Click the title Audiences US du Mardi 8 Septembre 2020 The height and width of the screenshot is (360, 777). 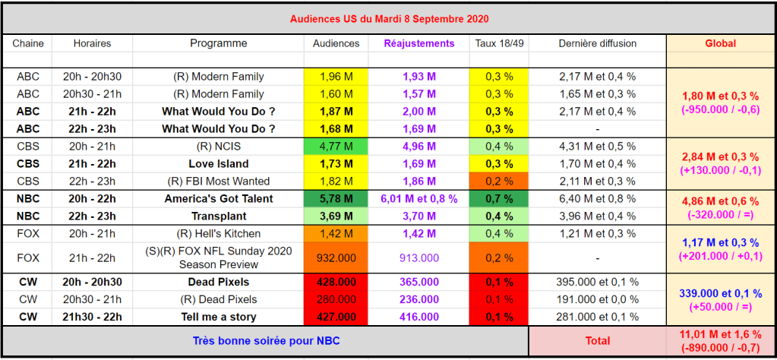tap(388, 17)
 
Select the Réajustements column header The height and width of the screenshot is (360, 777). tap(419, 43)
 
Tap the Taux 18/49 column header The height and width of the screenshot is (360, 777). tap(499, 43)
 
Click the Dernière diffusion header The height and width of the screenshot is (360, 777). tap(597, 43)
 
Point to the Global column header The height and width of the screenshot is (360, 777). tap(721, 43)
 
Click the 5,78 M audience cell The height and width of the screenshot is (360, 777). tap(336, 199)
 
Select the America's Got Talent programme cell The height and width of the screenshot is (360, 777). tap(218, 199)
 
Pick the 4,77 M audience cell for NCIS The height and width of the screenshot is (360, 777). tap(336, 146)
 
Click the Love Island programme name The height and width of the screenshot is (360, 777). tap(218, 163)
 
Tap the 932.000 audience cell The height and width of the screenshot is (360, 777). tap(336, 258)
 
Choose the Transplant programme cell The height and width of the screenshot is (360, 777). tap(218, 216)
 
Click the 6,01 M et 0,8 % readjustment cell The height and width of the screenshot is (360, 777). tap(419, 199)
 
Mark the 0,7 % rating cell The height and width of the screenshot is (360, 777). tap(499, 199)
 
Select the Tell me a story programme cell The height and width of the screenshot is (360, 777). tap(218, 317)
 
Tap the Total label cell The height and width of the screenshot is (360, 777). tap(597, 342)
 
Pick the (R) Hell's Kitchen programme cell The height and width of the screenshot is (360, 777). tap(218, 234)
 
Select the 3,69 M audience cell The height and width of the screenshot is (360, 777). tap(336, 216)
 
